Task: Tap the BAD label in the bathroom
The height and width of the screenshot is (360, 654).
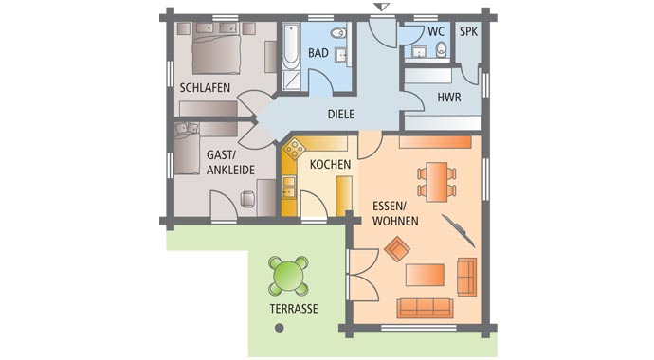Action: point(318,53)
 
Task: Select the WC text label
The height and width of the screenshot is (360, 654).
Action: point(436,31)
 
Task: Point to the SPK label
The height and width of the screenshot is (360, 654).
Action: point(468,31)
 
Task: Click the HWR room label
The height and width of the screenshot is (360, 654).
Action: point(448,98)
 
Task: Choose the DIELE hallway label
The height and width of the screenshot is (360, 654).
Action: point(340,114)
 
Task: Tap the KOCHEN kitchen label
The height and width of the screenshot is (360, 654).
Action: point(329,164)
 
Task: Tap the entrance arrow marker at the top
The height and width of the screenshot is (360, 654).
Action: point(381,8)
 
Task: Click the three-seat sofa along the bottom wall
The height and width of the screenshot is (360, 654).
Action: point(424,306)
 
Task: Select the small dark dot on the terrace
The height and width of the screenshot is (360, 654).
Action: point(279,328)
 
